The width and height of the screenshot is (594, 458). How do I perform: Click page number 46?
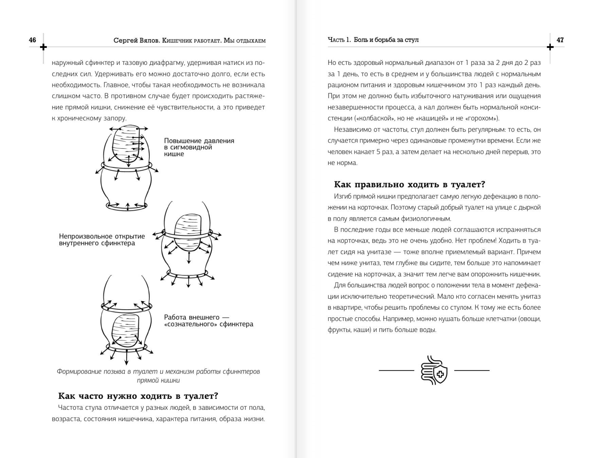pyautogui.click(x=32, y=40)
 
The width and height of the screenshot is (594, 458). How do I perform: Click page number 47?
pyautogui.click(x=560, y=40)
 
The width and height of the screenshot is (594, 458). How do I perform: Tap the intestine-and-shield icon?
pyautogui.click(x=434, y=370)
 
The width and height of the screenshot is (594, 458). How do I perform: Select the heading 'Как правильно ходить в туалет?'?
pyautogui.click(x=409, y=184)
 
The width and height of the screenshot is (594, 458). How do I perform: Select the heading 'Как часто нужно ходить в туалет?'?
pyautogui.click(x=138, y=396)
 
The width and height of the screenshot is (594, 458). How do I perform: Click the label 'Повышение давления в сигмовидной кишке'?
pyautogui.click(x=199, y=147)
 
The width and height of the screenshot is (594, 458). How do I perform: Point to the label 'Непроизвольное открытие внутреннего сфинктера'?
pyautogui.click(x=102, y=240)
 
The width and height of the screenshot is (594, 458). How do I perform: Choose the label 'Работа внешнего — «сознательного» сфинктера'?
pyautogui.click(x=208, y=320)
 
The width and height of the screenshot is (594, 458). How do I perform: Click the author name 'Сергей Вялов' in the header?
pyautogui.click(x=137, y=40)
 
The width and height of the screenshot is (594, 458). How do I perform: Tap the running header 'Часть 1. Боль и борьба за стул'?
pyautogui.click(x=373, y=40)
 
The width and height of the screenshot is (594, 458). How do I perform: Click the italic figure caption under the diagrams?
pyautogui.click(x=158, y=376)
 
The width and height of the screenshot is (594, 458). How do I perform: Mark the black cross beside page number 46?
pyautogui.click(x=43, y=47)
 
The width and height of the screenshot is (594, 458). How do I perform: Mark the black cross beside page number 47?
pyautogui.click(x=550, y=47)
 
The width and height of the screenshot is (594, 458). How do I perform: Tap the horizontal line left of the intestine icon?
pyautogui.click(x=396, y=370)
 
